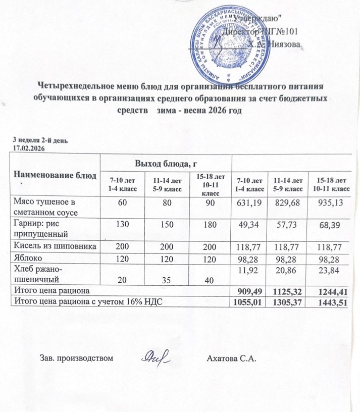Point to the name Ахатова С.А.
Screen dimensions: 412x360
coord(232,359)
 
